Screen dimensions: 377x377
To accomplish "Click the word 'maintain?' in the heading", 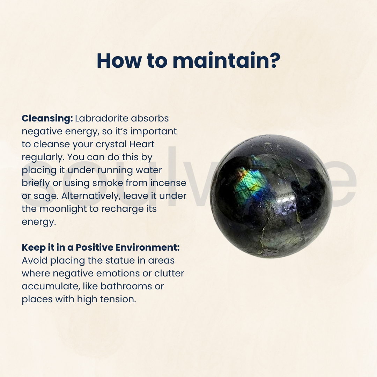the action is coord(226,61).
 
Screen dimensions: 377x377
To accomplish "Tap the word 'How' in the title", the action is coord(119,61).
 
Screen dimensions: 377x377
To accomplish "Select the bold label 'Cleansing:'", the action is coord(47,119).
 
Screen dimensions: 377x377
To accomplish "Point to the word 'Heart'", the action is coord(142,144).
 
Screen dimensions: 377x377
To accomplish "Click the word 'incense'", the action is coord(168,183).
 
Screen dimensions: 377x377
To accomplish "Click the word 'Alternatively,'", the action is coord(91,196).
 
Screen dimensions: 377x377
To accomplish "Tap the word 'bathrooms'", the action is coord(126,286).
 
